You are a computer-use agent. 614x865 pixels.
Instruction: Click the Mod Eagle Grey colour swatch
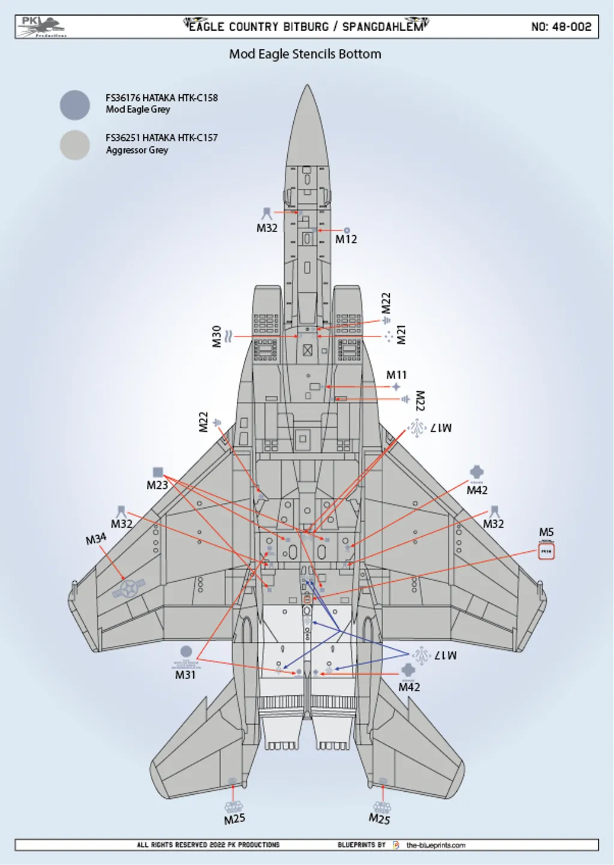click(75, 105)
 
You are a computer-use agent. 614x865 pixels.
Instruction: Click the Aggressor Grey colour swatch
click(75, 145)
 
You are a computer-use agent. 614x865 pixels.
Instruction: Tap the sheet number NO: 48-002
click(561, 27)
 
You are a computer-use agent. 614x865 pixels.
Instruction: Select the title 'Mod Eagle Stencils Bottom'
click(305, 54)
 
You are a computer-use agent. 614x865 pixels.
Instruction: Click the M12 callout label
click(346, 239)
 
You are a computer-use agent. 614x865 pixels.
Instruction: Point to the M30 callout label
click(216, 337)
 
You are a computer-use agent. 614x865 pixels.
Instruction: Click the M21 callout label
click(401, 335)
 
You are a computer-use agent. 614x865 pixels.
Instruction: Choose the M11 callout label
click(396, 375)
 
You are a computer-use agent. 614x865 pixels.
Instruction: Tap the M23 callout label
click(157, 485)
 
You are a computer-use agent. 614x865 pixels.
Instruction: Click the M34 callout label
click(96, 539)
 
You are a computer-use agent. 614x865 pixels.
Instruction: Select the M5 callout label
click(546, 532)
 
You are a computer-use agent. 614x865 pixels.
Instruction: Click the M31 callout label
click(185, 675)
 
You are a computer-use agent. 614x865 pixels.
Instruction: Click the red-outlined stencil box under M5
click(546, 551)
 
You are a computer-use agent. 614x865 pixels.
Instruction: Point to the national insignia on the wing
click(129, 588)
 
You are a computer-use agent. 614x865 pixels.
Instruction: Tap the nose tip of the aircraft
click(307, 87)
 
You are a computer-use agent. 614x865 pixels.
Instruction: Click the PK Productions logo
click(41, 27)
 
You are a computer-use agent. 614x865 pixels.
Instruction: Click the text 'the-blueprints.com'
click(436, 845)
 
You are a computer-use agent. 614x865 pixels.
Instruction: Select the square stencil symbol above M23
click(158, 472)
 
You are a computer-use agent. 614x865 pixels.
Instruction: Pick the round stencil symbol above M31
click(186, 651)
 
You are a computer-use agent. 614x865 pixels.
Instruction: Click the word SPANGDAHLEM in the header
click(382, 27)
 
